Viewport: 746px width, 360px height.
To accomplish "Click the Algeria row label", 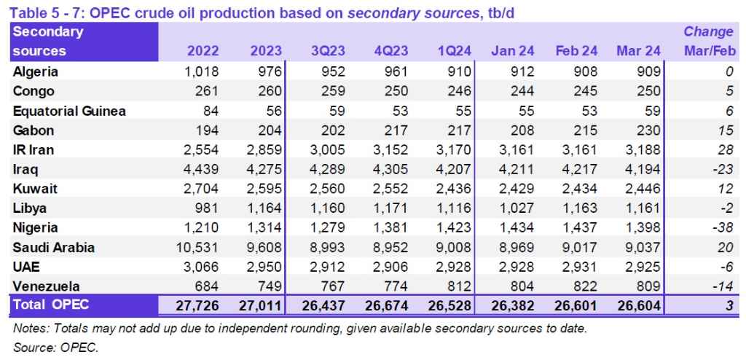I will tap(36, 72).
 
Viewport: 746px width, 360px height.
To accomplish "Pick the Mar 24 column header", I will tap(638, 51).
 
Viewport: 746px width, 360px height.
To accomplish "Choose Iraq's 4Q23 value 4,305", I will tap(391, 169).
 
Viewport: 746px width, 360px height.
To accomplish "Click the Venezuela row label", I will tap(44, 286).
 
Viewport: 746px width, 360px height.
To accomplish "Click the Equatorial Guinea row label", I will tap(69, 111).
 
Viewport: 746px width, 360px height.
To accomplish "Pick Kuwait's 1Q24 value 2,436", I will tap(455, 189).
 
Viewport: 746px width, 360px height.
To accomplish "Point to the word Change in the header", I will tap(708, 32).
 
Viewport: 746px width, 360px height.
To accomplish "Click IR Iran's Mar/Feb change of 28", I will tap(725, 150).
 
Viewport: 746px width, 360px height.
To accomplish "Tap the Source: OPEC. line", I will tap(55, 348).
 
